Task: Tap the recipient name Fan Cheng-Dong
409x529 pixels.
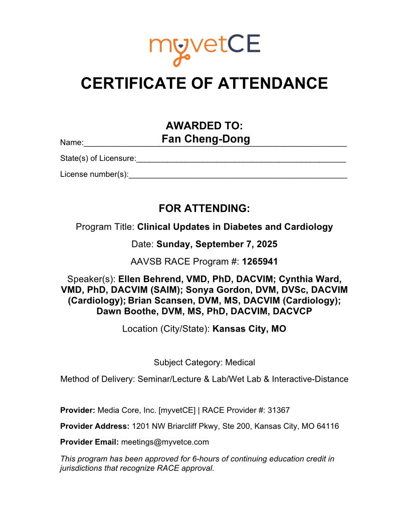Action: pos(206,139)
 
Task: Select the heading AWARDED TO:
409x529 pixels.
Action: pos(204,126)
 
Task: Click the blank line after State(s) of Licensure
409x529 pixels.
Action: pos(241,159)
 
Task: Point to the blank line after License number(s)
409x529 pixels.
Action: pos(238,175)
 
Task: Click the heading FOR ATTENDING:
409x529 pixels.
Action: pos(204,208)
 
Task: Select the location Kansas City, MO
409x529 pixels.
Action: pos(249,329)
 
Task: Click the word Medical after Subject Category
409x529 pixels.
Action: pos(240,362)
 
